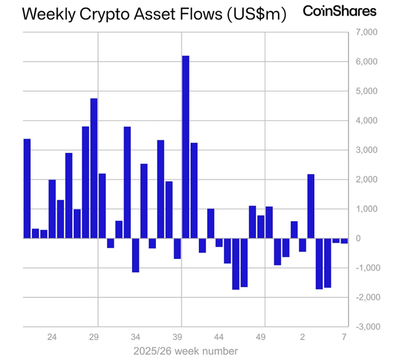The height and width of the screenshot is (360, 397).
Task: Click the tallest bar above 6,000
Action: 185,147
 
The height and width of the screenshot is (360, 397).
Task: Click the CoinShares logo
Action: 340,11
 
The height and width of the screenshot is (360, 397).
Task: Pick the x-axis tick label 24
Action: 52,336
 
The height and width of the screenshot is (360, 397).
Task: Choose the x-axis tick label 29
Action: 94,336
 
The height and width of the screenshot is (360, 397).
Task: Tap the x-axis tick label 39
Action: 177,336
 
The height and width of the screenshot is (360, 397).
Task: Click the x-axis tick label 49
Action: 261,336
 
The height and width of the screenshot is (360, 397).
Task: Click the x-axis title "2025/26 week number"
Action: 186,350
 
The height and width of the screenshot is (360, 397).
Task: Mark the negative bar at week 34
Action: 135,255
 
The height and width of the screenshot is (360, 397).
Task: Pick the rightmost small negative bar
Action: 344,241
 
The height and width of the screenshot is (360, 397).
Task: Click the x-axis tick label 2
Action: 302,336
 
